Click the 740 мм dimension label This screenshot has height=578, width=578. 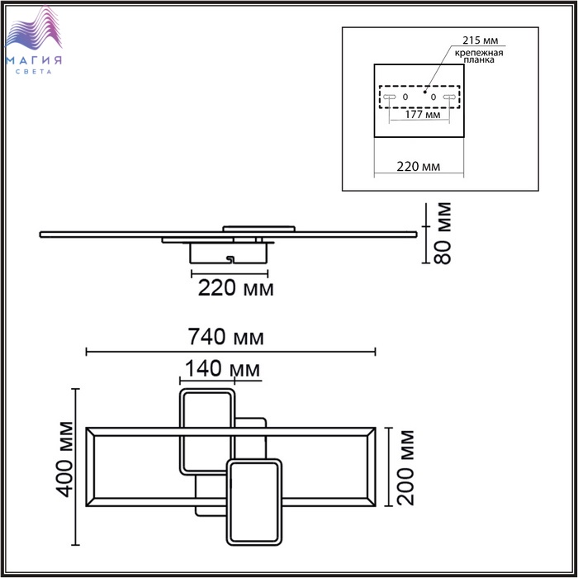point(225,337)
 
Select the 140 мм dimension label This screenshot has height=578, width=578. point(222,368)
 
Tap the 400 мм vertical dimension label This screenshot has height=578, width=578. point(66,459)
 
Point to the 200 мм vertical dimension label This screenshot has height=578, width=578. point(406,467)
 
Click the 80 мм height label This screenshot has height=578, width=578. point(443,233)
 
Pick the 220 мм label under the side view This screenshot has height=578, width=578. point(236,288)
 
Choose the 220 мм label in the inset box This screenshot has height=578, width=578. point(419,167)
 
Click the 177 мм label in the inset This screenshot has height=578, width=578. point(423,114)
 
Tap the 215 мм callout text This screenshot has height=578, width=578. point(480,40)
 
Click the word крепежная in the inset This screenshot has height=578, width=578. point(479,53)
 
